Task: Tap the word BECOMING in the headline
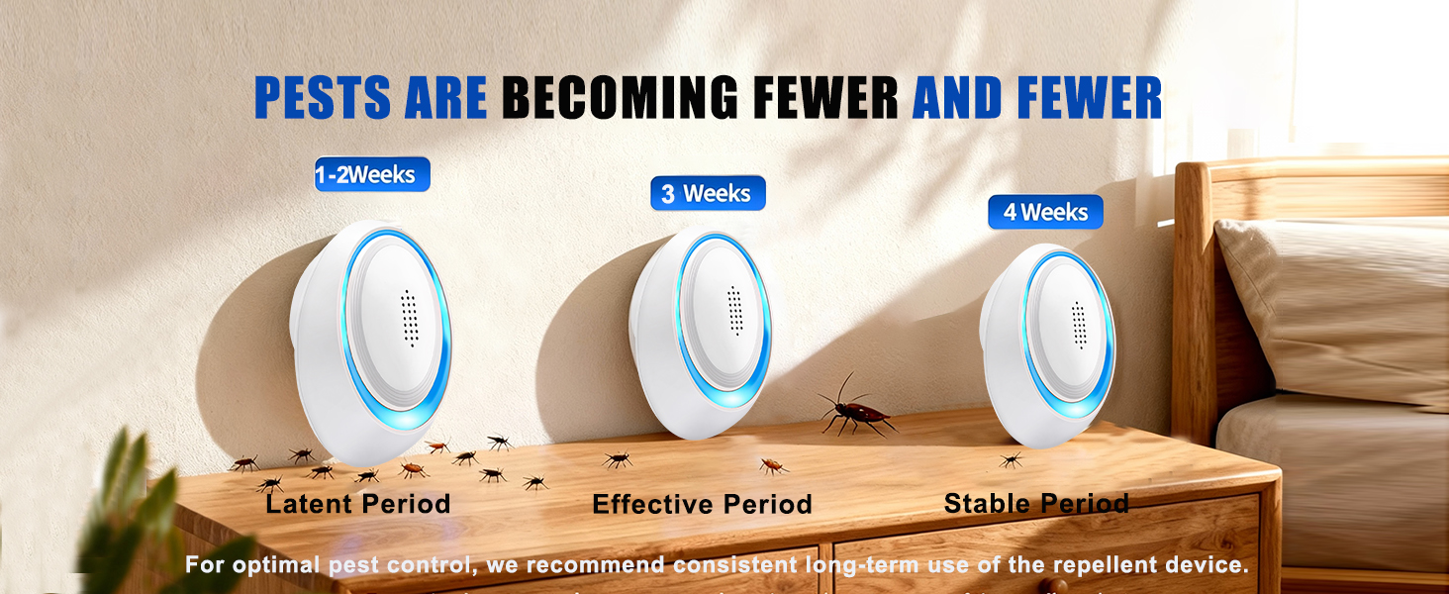point(619,98)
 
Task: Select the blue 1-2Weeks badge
point(372,175)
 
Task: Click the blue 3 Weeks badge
point(708,194)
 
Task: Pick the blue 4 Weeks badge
point(1045,212)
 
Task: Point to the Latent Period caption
point(358,503)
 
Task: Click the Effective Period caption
point(702,504)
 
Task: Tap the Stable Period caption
point(1036,503)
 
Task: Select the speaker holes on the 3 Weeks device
point(734,311)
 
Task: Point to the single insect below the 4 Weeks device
point(1010,459)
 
